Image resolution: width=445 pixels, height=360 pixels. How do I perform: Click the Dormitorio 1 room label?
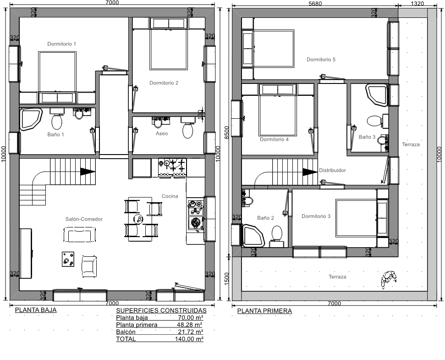[61, 44]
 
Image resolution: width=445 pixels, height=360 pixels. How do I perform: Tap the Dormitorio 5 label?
[321, 59]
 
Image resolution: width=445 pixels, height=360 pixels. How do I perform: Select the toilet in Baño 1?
[57, 120]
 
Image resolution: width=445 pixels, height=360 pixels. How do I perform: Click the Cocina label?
[170, 196]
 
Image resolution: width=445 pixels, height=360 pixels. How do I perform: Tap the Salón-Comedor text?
[84, 219]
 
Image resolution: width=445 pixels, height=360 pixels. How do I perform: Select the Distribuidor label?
[332, 170]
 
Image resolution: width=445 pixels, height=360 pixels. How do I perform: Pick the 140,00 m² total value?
[189, 339]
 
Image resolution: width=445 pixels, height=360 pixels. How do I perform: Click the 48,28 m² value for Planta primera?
[190, 325]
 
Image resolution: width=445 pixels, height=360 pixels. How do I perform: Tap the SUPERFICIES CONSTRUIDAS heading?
[161, 310]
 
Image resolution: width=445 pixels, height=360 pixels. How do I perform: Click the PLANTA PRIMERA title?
[264, 311]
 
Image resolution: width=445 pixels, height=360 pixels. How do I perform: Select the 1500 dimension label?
[226, 278]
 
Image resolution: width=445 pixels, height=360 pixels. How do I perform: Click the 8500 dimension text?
[226, 133]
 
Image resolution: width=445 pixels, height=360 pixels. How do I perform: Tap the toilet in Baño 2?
[276, 234]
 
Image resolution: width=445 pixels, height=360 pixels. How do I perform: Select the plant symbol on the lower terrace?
[389, 278]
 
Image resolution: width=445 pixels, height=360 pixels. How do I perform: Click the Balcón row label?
[126, 332]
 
